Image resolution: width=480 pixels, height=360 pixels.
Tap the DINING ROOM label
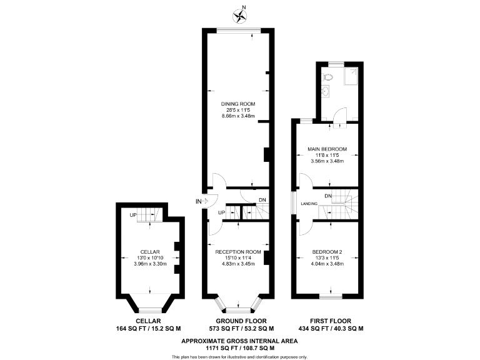pyautogui.click(x=237, y=104)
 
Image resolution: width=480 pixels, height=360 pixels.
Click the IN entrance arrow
pyautogui.click(x=200, y=201)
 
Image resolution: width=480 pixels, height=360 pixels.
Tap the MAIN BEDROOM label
pyautogui.click(x=327, y=149)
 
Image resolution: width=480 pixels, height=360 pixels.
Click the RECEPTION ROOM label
pyautogui.click(x=237, y=251)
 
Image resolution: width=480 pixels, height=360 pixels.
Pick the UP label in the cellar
pyautogui.click(x=132, y=216)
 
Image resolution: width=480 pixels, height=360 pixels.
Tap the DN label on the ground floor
pyautogui.click(x=262, y=200)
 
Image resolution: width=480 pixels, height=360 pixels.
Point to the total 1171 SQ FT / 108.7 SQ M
pyautogui.click(x=240, y=348)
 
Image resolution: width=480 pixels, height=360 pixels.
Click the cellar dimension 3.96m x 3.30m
pyautogui.click(x=149, y=264)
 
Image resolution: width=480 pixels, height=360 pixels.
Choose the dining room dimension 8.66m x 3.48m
pyautogui.click(x=237, y=116)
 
